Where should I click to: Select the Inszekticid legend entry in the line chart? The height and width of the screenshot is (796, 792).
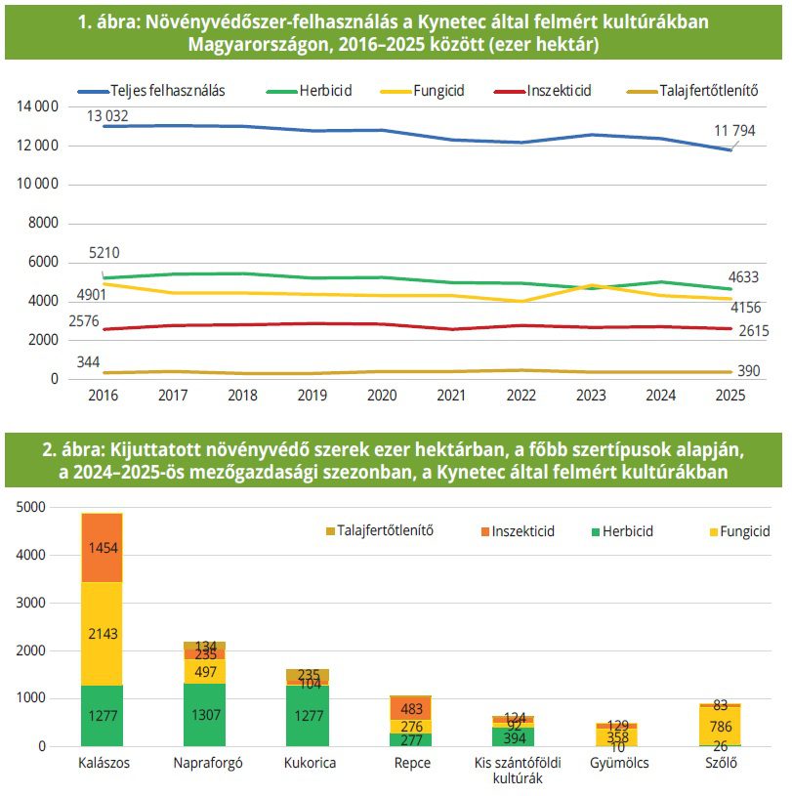(557, 91)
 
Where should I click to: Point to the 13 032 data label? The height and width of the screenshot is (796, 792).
(107, 115)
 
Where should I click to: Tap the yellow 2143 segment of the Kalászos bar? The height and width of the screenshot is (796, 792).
(102, 634)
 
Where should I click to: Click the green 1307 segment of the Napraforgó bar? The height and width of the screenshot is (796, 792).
(204, 715)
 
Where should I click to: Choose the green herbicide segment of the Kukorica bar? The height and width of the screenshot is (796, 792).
(308, 716)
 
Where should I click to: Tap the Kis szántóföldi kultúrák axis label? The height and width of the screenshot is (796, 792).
(513, 770)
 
